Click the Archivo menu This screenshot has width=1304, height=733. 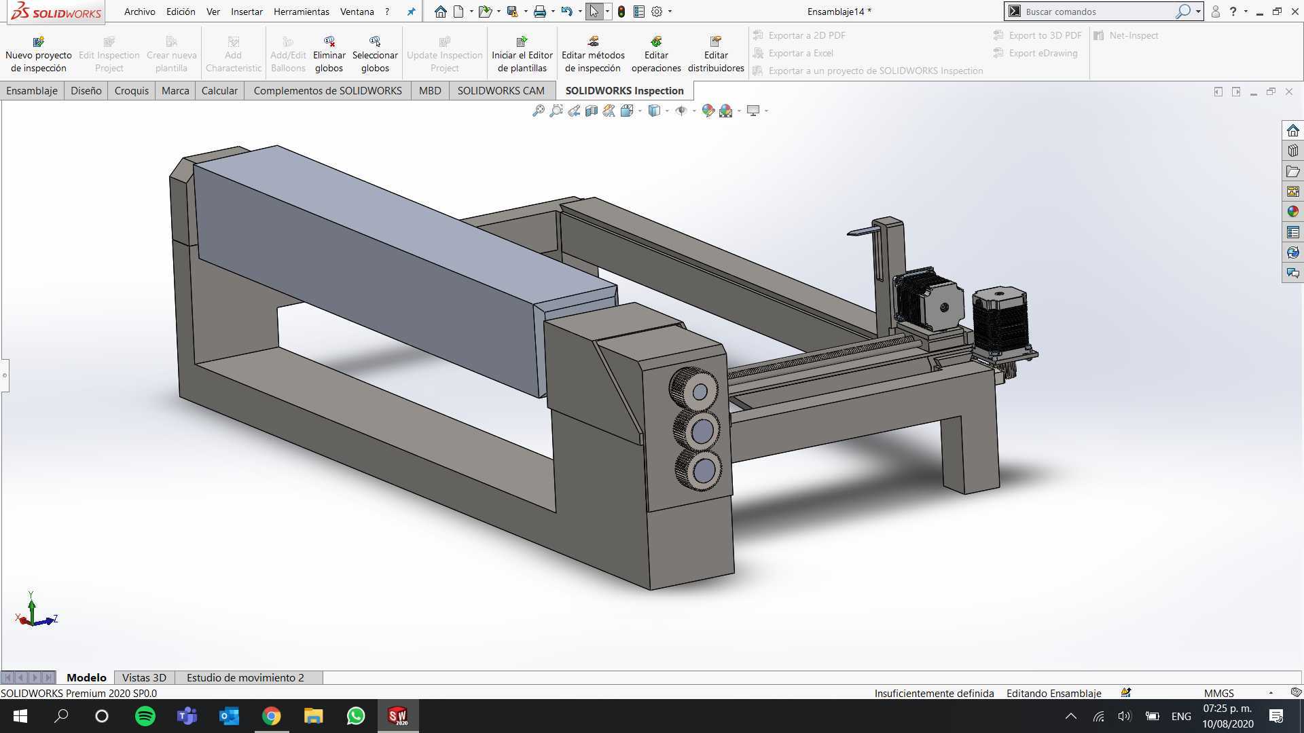click(x=139, y=12)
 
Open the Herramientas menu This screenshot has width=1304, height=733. click(x=301, y=12)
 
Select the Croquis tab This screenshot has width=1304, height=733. click(x=131, y=90)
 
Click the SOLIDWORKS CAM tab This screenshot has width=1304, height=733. click(x=501, y=90)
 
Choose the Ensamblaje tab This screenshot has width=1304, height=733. click(x=32, y=90)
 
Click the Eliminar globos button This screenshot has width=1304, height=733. click(x=329, y=54)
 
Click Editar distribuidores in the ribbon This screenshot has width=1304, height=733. click(x=716, y=54)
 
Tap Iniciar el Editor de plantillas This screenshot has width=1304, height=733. click(x=522, y=54)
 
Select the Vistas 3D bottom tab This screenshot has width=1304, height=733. click(x=144, y=677)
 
